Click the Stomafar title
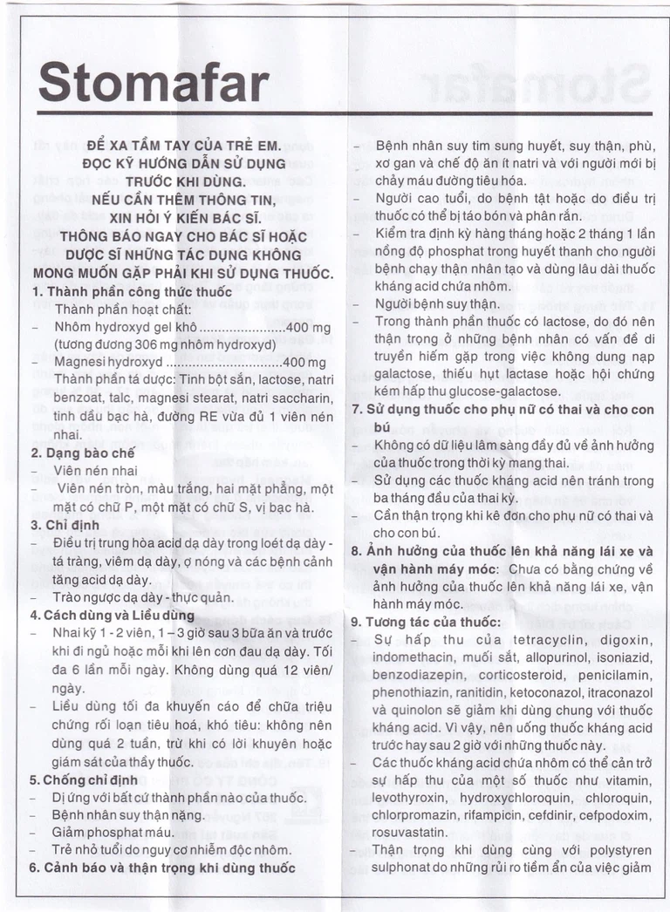(154, 84)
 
